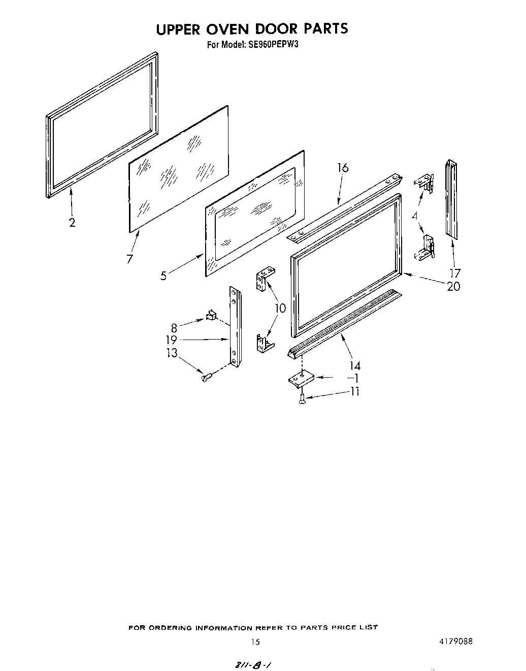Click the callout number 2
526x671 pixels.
click(72, 222)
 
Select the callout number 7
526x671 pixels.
click(130, 259)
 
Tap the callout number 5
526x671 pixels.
click(163, 276)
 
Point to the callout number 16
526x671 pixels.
click(343, 168)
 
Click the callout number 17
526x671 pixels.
click(455, 273)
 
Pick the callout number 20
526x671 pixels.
click(453, 287)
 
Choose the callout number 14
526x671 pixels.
click(355, 365)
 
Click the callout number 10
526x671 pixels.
click(280, 308)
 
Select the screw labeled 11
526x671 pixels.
click(303, 399)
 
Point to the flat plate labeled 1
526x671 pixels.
click(301, 379)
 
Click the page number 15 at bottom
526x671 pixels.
click(255, 642)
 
